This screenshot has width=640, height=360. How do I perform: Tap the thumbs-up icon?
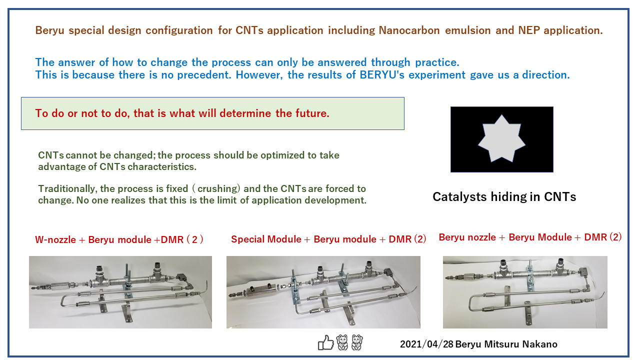click(325, 342)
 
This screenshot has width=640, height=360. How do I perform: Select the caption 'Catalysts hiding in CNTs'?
click(504, 197)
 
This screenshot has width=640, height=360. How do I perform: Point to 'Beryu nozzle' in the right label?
click(467, 237)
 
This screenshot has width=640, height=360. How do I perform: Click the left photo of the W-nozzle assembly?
click(120, 292)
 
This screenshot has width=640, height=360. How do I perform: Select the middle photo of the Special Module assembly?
click(323, 292)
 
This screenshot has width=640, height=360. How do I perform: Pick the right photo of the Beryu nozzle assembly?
click(525, 292)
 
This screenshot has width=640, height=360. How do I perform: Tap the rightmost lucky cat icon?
click(357, 342)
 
